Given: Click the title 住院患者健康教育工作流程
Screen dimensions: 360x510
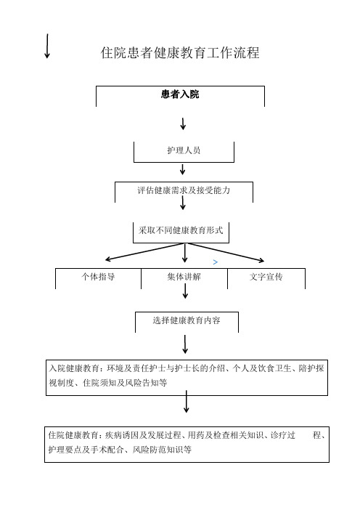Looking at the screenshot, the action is tap(180, 53).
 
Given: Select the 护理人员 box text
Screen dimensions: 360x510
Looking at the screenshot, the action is tap(184, 150).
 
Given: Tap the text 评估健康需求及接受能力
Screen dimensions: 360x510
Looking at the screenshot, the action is tap(184, 190).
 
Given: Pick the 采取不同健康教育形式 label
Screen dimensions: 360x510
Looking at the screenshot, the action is tap(181, 230).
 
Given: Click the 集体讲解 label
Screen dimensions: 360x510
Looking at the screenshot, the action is tap(184, 277).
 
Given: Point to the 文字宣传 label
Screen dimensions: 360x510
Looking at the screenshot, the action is tap(266, 277).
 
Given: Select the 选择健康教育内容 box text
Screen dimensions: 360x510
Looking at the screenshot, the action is tap(187, 320).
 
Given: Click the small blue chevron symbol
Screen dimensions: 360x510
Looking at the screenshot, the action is tap(215, 262).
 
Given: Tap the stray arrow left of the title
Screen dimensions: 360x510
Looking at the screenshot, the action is tap(47, 46).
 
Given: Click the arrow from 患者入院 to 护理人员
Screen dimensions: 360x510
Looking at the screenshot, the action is tap(183, 124).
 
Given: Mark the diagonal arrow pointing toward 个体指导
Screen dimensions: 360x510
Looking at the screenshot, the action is tap(145, 252).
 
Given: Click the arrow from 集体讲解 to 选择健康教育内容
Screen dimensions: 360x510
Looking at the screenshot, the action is tap(185, 291).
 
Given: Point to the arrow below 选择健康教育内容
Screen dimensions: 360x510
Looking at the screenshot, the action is tap(185, 344).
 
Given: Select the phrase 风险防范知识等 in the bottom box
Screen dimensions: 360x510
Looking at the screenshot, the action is tap(162, 450).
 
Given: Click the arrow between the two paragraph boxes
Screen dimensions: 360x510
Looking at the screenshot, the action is tap(187, 402).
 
